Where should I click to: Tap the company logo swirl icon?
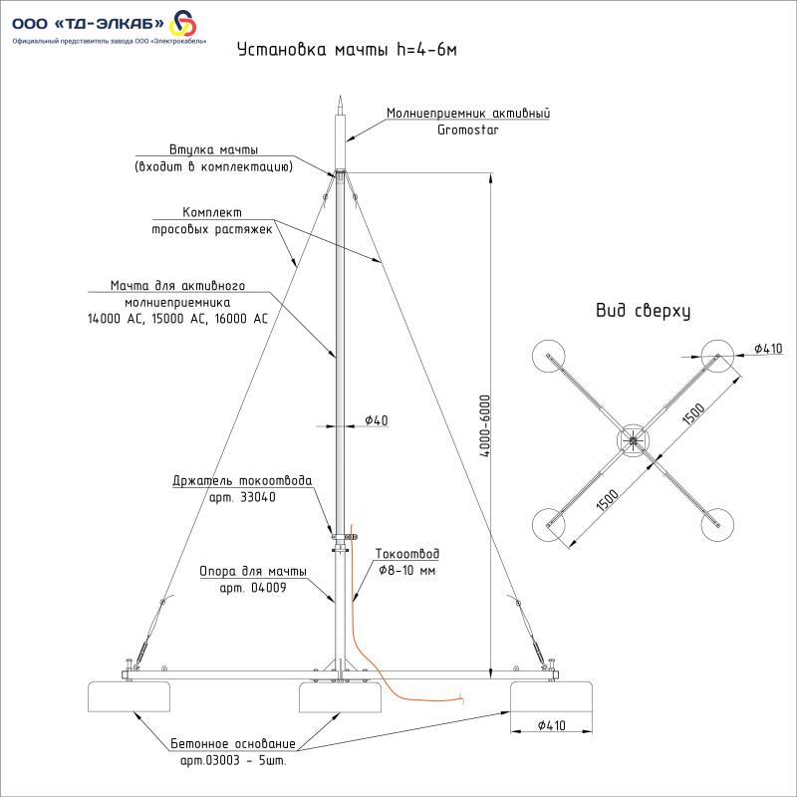point(185,22)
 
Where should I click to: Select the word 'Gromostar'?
point(467,130)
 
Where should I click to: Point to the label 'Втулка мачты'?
point(213,149)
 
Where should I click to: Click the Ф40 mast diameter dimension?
point(376,420)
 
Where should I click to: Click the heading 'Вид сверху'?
point(643,311)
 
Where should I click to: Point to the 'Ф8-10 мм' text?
point(407,570)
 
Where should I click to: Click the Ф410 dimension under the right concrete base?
point(550,725)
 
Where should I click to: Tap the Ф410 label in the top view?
point(767,348)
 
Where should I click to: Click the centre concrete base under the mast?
point(340,697)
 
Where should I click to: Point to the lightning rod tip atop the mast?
point(340,103)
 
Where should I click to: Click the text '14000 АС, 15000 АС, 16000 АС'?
point(178,319)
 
